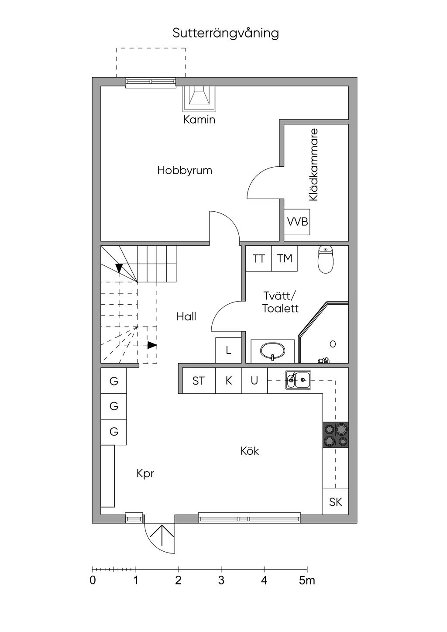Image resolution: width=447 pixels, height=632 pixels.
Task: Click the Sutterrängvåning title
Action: click(226, 33)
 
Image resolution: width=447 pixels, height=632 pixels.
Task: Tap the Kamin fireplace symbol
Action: click(199, 98)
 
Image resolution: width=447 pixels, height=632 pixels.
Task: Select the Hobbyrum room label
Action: click(185, 170)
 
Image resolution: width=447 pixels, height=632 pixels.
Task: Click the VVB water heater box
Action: click(297, 222)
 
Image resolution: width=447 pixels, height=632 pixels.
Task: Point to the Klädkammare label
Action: click(313, 165)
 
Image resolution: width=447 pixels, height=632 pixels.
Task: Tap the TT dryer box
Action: click(258, 258)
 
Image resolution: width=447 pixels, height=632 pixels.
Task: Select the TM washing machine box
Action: click(285, 258)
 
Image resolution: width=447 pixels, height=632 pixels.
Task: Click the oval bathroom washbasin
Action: click(272, 351)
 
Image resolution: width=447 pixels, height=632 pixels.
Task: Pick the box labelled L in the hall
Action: click(228, 350)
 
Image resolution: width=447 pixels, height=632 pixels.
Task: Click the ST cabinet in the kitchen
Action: click(199, 381)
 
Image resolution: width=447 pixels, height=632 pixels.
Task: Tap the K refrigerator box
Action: click(229, 381)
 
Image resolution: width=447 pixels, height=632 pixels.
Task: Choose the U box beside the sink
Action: click(254, 381)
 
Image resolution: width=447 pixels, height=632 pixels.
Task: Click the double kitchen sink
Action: click(298, 380)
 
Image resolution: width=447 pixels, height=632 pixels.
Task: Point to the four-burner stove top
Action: click(336, 435)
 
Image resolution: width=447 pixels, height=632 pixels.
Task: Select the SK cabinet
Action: click(336, 502)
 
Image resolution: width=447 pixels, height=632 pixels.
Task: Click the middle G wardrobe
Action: click(114, 406)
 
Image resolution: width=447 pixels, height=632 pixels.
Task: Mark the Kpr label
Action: click(145, 474)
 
